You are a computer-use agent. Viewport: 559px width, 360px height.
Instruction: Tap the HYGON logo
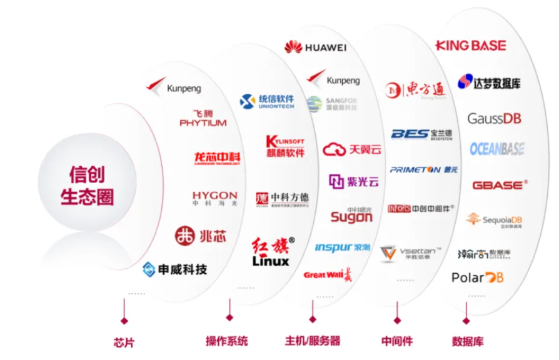click(x=214, y=199)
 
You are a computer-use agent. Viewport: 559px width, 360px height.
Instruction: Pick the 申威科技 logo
click(x=174, y=270)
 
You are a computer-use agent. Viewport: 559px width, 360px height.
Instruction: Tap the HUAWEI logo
click(x=316, y=46)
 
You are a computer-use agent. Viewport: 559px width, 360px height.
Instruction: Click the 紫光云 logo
click(x=354, y=182)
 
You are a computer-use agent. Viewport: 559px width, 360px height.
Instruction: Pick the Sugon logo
click(x=351, y=216)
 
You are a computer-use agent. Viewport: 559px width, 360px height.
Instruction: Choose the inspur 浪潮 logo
click(x=343, y=247)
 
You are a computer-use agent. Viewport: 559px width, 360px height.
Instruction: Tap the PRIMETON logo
click(x=423, y=169)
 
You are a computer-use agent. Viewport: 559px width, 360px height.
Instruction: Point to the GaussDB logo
click(x=494, y=118)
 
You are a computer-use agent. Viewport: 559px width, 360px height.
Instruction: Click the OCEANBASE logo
click(x=497, y=149)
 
